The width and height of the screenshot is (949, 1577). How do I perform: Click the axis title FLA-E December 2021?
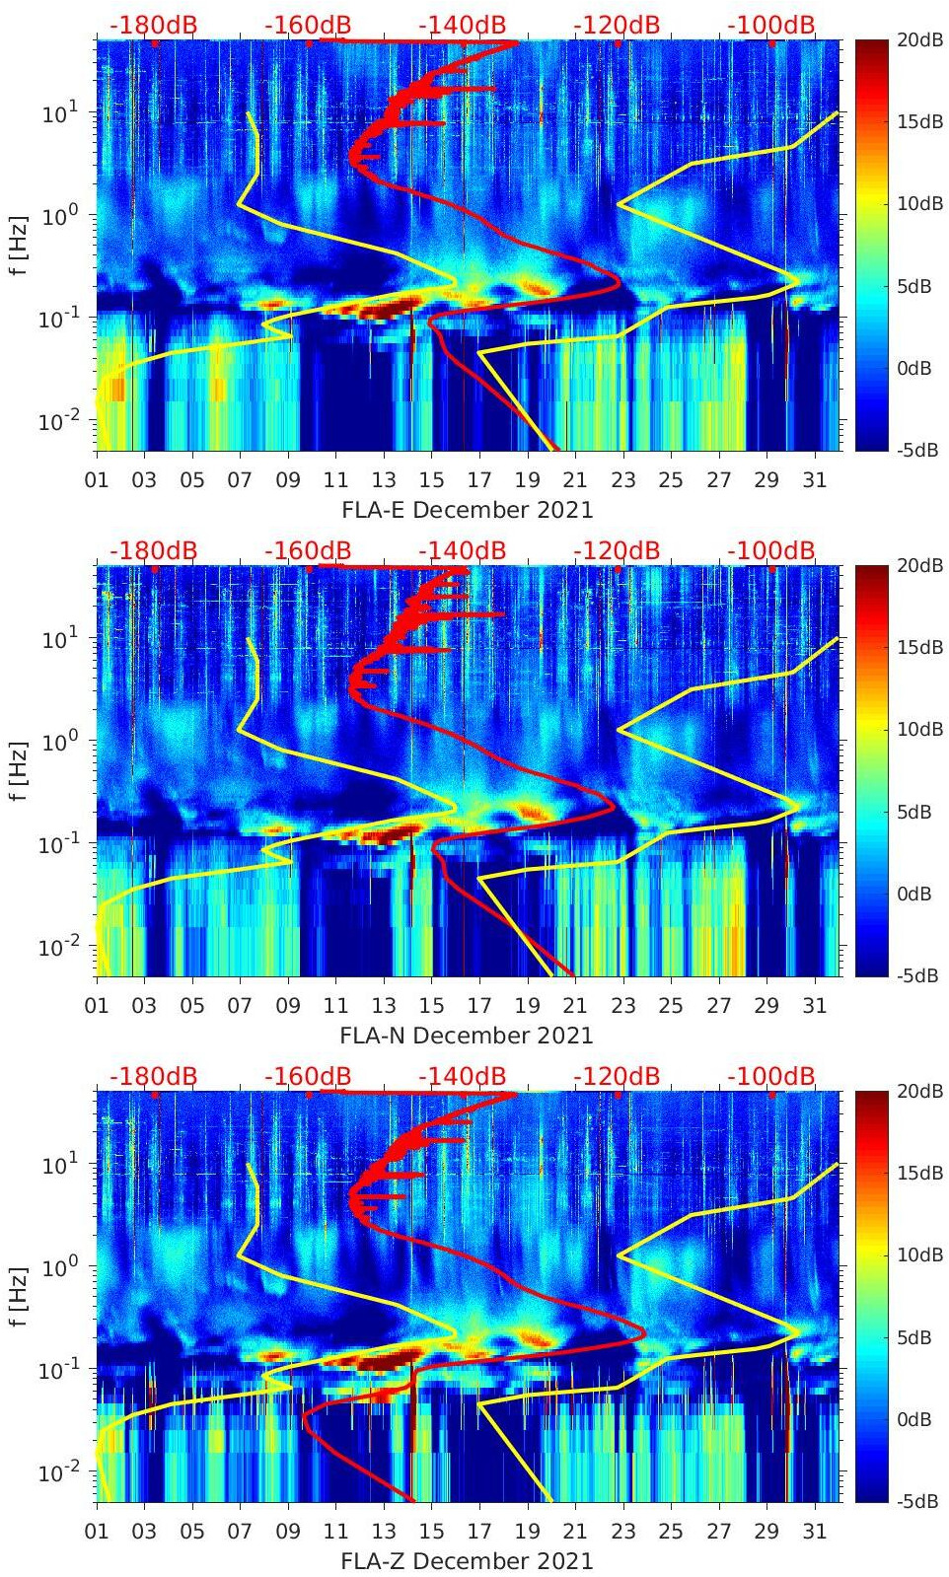468,509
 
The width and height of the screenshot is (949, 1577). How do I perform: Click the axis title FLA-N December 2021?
467,1035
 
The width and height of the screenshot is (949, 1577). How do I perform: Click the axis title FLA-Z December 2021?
467,1560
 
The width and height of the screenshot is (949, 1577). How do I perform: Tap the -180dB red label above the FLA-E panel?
153,25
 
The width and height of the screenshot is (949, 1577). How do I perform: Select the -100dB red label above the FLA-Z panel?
771,1076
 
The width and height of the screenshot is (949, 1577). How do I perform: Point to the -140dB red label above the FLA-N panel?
462,550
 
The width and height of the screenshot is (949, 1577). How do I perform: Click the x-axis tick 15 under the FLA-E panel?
431,480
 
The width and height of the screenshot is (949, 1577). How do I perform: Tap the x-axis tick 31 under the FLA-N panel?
814,1006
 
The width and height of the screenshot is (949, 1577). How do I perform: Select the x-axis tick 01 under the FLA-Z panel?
97,1532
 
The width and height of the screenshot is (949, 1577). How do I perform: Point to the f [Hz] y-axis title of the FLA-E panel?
20,245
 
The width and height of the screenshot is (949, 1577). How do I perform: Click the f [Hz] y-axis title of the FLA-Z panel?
20,1296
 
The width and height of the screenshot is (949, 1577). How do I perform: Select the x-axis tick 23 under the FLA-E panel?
622,480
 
